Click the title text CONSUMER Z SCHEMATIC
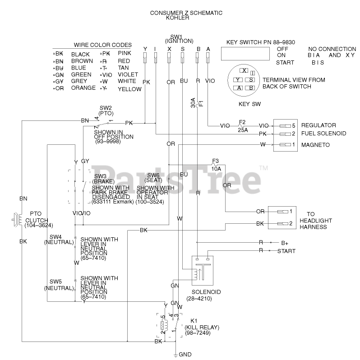coord(186,13)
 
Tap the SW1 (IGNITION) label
coord(176,39)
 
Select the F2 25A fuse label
coord(242,126)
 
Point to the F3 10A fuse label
coord(216,165)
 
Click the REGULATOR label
coord(318,125)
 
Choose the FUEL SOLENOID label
coord(323,134)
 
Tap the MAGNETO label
coord(315,145)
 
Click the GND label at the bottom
coord(185,355)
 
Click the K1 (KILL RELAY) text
coord(197,329)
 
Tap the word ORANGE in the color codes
coord(83,88)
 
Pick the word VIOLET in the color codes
coord(128,74)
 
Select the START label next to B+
coord(286,250)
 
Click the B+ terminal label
coord(285,242)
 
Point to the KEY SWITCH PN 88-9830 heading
coord(260,42)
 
